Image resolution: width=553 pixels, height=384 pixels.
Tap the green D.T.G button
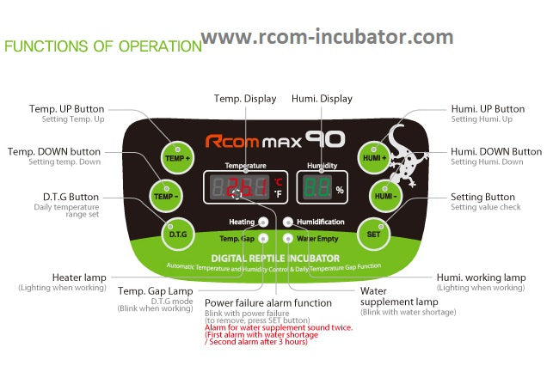[177, 233]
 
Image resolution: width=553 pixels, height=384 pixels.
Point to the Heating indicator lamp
[262, 222]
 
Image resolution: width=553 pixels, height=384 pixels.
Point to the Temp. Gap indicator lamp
[263, 238]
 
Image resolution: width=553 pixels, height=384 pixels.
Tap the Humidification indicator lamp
[289, 222]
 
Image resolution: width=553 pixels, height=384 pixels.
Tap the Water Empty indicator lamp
[289, 238]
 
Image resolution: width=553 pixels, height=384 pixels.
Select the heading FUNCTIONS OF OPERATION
[102, 46]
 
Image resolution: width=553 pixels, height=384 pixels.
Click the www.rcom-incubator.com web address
[328, 37]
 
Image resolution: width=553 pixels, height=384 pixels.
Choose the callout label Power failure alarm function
[268, 302]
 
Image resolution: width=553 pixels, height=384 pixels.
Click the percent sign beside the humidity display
[340, 190]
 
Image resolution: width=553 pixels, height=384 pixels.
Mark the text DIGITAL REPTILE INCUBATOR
[275, 258]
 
